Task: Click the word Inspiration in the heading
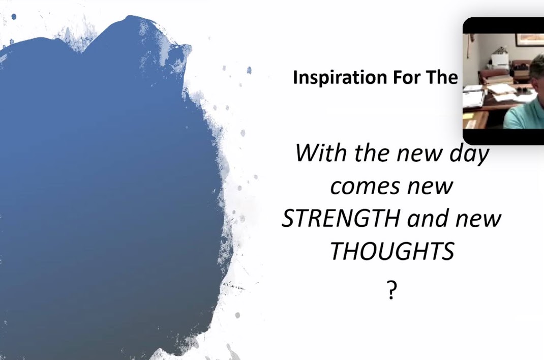click(x=340, y=77)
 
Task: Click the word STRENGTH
click(x=341, y=219)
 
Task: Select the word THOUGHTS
click(x=392, y=251)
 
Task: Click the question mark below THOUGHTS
click(x=391, y=290)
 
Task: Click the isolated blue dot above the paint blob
click(x=14, y=16)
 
